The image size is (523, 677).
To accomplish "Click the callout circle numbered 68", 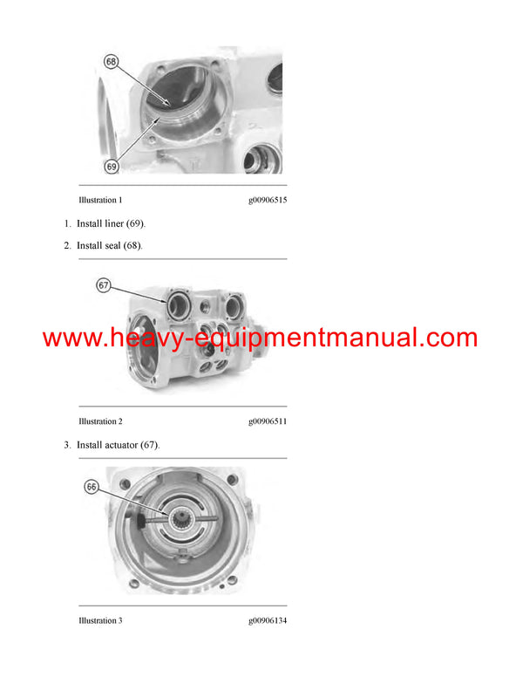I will pyautogui.click(x=111, y=62).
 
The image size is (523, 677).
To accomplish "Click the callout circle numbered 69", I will pyautogui.click(x=111, y=165).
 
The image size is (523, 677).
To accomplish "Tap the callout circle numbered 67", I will pyautogui.click(x=103, y=285).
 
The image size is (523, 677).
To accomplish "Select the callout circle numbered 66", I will pyautogui.click(x=92, y=487).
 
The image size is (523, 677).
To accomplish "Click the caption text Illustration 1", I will pyautogui.click(x=100, y=200).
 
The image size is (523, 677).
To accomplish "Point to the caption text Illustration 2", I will pyautogui.click(x=100, y=421).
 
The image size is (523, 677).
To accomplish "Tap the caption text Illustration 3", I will pyautogui.click(x=100, y=620).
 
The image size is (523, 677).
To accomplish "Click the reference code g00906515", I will pyautogui.click(x=268, y=200).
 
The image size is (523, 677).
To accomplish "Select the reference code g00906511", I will pyautogui.click(x=268, y=421).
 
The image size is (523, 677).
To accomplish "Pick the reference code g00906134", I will pyautogui.click(x=268, y=620).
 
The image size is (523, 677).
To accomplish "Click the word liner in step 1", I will pyautogui.click(x=116, y=223).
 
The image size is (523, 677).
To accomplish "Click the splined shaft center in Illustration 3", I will pyautogui.click(x=186, y=523).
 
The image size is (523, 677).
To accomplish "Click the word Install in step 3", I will pyautogui.click(x=90, y=445).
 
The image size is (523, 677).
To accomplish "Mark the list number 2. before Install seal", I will pyautogui.click(x=67, y=245).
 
